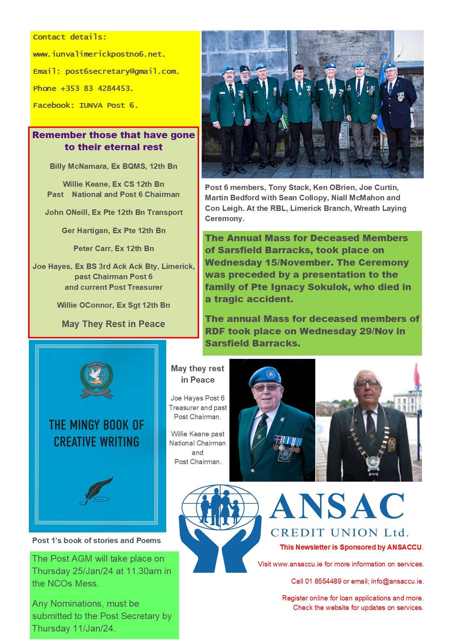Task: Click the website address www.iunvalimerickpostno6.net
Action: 99,54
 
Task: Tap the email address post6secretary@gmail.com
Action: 122,71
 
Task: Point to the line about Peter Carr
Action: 114,249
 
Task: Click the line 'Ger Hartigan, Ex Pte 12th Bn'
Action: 114,231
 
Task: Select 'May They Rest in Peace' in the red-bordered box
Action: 114,324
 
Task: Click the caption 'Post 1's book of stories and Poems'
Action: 96,541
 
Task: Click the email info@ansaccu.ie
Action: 397,581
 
